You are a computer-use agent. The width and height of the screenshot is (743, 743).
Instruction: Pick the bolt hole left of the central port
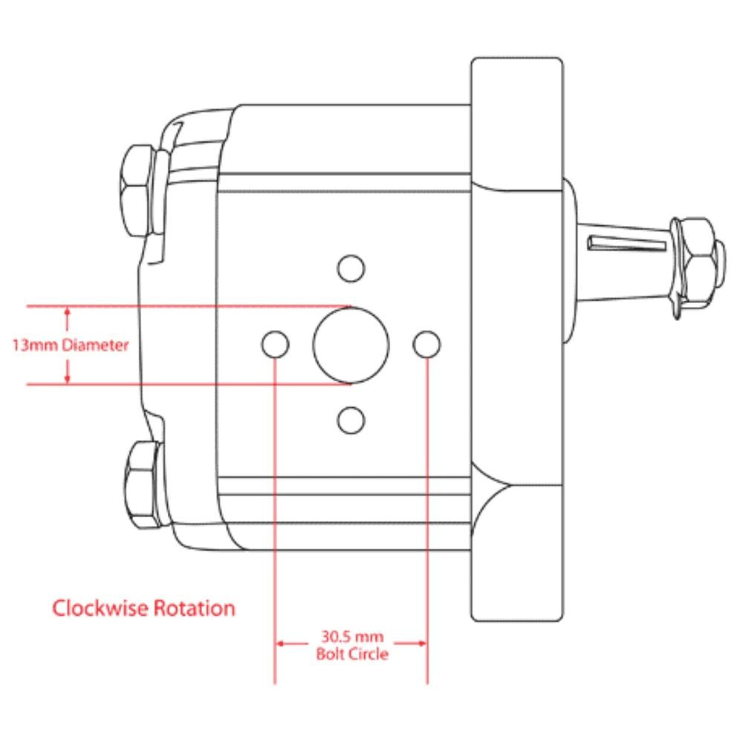tap(276, 343)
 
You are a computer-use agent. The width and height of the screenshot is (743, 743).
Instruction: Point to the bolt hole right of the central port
tap(427, 343)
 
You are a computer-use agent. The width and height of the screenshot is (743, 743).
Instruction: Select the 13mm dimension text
tap(35, 345)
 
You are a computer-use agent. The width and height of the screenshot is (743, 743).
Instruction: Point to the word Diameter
tap(96, 345)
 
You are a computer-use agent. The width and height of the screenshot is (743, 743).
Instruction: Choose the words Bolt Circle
tap(351, 655)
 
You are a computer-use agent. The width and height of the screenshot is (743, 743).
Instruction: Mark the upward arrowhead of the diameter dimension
tap(68, 312)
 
